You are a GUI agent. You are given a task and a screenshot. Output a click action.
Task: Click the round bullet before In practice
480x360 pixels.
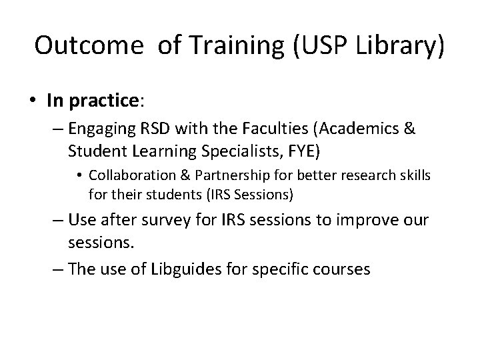(33, 101)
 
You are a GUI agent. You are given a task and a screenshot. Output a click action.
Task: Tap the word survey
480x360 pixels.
(164, 219)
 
